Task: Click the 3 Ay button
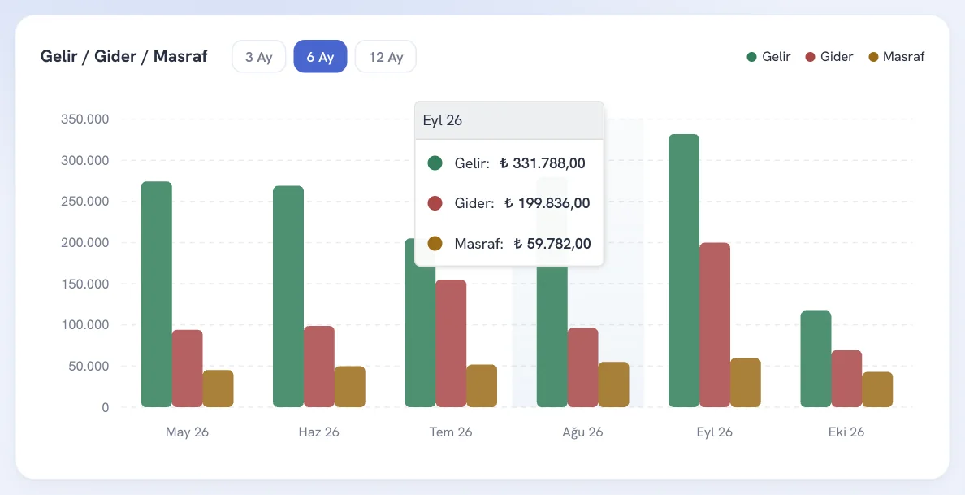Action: coord(258,57)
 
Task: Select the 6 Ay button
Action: coord(320,57)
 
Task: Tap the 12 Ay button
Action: coord(386,57)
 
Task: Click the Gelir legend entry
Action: coord(768,57)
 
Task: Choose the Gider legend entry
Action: coord(829,57)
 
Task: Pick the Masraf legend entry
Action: coord(897,57)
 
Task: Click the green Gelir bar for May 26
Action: coord(156,294)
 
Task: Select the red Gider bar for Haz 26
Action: coord(318,367)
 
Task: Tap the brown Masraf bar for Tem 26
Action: coord(481,386)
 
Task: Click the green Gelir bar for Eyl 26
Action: coord(684,271)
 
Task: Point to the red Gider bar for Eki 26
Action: coord(846,379)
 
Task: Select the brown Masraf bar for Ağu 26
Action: coord(613,384)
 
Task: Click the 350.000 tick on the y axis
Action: coord(85,119)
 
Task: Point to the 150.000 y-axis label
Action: coord(85,284)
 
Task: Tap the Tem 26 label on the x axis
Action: coord(451,432)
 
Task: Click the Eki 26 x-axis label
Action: coord(846,432)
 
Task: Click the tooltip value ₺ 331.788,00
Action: coord(542,163)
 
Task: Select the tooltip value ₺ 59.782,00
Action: coord(552,243)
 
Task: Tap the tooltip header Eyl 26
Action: coord(443,120)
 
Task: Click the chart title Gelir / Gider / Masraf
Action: coord(123,56)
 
